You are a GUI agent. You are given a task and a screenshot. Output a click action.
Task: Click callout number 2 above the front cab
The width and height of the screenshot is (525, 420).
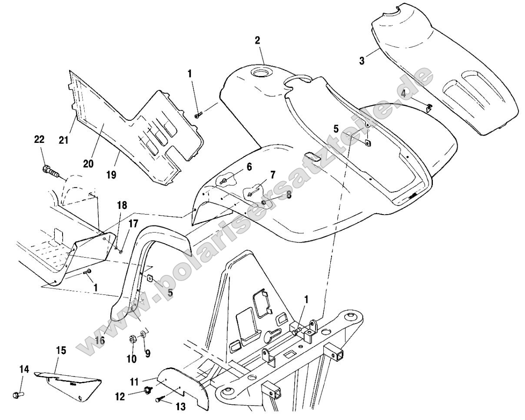[x=257, y=40]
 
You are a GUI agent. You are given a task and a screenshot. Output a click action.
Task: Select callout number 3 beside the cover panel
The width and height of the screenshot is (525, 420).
[x=362, y=60]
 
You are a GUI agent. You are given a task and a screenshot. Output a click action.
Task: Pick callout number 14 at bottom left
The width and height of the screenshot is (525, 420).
[x=24, y=369]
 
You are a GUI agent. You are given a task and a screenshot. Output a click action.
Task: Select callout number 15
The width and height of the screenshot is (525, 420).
[x=61, y=350]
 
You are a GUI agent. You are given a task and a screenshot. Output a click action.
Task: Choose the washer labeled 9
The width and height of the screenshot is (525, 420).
[x=143, y=336]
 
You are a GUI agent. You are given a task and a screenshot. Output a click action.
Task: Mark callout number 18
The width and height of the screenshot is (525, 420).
[x=122, y=205]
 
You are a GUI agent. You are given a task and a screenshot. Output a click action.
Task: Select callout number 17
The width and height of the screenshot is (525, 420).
[x=133, y=224]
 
